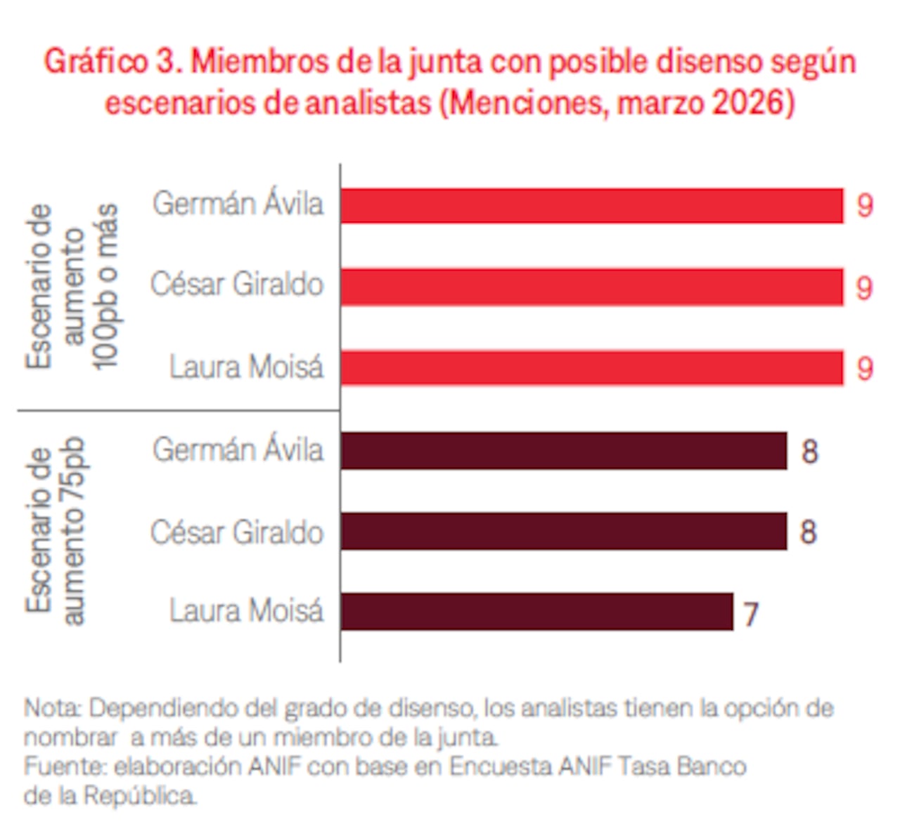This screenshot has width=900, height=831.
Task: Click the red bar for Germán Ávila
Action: [591, 206]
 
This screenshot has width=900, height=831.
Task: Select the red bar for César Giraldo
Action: [591, 287]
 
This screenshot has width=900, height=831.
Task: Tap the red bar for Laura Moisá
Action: [591, 367]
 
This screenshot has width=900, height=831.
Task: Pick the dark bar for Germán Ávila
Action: [563, 450]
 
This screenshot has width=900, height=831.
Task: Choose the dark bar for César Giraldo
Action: [563, 531]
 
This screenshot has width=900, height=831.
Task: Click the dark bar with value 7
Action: [536, 612]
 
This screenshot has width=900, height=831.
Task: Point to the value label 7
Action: [751, 614]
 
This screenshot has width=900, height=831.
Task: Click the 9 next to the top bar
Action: [865, 206]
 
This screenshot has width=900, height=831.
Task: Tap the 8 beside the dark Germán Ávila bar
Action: [809, 451]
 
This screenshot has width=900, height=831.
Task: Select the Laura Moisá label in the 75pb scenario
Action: [246, 610]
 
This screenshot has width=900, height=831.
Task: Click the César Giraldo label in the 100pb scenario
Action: [237, 284]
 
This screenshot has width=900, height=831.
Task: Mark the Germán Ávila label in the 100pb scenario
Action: [238, 204]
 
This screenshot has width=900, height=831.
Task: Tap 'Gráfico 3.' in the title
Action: [112, 62]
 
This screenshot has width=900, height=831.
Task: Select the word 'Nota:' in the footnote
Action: [53, 707]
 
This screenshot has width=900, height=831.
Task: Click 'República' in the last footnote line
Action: [141, 796]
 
